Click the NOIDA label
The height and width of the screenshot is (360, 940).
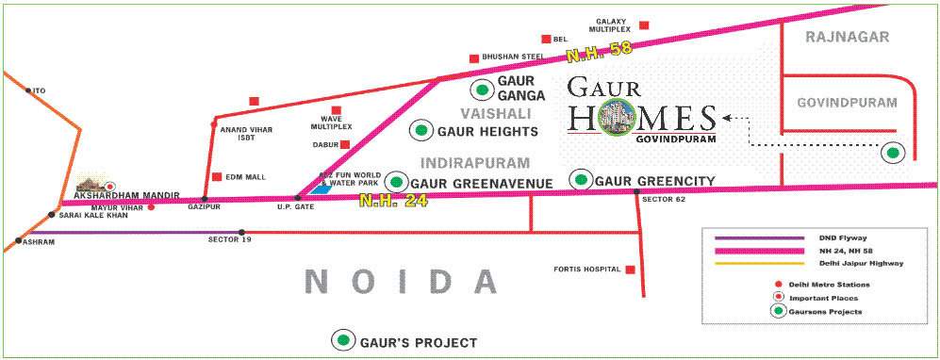[x=402, y=281]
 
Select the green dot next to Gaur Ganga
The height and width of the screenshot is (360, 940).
[x=483, y=90]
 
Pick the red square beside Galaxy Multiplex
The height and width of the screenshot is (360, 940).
[x=644, y=25]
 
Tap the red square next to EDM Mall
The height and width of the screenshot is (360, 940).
[x=217, y=176]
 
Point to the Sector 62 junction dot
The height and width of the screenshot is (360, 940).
[x=637, y=192]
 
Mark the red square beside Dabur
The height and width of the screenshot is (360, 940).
[x=345, y=144]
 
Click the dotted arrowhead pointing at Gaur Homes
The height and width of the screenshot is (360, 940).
[x=727, y=118]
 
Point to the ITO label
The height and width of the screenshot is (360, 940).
[x=39, y=90]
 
